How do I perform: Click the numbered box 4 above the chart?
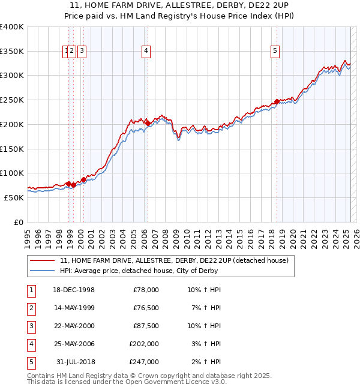click(146, 52)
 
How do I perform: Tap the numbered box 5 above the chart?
click(275, 52)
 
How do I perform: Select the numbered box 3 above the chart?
click(82, 52)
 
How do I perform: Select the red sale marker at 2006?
click(148, 123)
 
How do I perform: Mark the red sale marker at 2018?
click(277, 101)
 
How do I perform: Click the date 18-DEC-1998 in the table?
click(74, 290)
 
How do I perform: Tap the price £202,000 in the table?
click(144, 344)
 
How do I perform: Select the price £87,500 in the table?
click(146, 326)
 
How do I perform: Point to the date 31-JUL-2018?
click(76, 362)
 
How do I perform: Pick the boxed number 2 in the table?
click(31, 308)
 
